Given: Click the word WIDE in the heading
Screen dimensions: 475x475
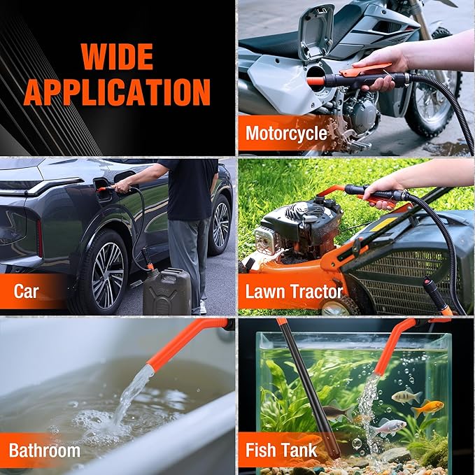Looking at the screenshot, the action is coord(117,57).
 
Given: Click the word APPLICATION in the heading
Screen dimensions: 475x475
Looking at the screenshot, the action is coord(117,92).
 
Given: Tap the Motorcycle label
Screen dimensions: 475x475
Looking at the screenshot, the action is coord(286,134).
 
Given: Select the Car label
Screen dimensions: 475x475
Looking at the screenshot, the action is coord(26,292).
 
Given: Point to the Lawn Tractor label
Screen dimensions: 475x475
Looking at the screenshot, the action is coord(294,292).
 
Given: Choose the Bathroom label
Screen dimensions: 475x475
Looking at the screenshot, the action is coord(45,451).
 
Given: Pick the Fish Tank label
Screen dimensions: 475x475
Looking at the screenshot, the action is coord(281,450).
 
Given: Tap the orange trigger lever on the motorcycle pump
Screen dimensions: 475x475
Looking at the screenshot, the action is coord(365,69).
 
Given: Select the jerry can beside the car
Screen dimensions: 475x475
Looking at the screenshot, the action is coord(167,291).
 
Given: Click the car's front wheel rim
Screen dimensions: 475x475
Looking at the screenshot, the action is coord(108,275).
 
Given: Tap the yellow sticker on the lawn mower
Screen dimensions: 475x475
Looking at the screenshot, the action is coord(383,225).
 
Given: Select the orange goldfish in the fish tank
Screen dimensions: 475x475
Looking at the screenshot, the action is coord(427,408).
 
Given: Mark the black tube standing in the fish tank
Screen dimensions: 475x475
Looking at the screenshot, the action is coord(309,388).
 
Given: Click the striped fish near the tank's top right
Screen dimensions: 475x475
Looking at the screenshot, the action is coord(406,397).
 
